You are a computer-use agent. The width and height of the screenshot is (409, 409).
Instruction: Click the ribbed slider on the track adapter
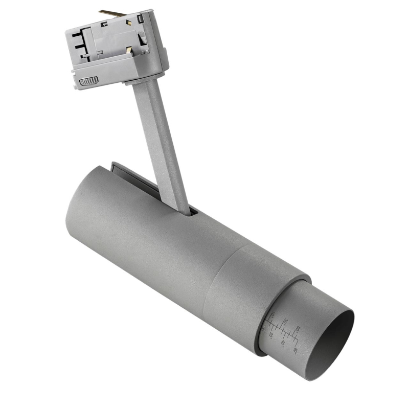point(89,81)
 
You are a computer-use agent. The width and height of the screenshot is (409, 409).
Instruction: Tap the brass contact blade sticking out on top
point(112,13)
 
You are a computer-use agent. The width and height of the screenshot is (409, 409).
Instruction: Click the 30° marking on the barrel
point(285,322)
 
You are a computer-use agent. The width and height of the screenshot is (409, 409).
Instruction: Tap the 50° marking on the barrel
point(298,329)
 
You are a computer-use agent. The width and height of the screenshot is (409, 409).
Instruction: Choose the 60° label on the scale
point(296,351)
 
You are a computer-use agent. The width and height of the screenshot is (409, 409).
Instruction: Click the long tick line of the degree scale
point(284,332)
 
